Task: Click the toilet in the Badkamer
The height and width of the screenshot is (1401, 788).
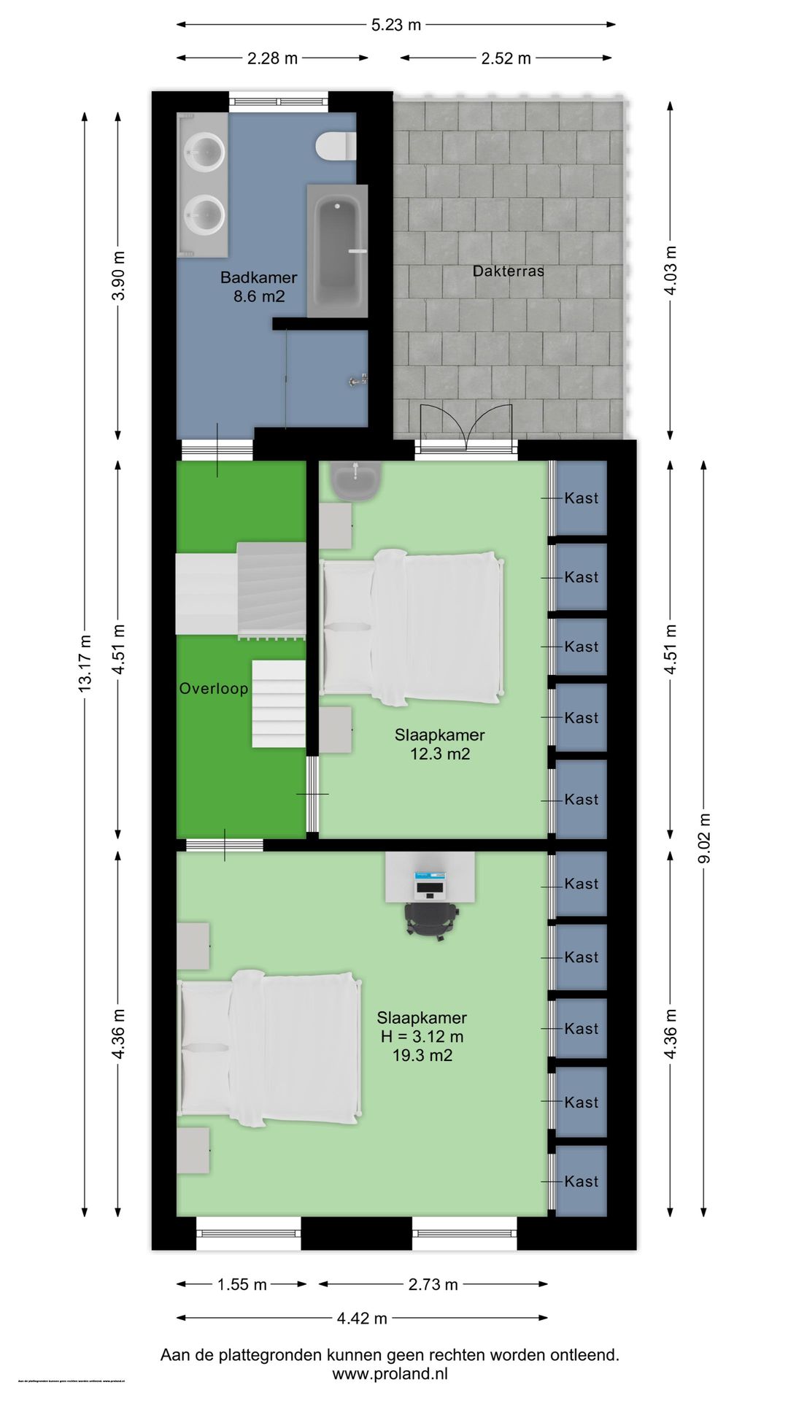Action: tap(336, 146)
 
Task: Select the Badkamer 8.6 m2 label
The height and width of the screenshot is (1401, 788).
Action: tap(258, 287)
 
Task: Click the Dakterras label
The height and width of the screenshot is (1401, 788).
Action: tap(508, 271)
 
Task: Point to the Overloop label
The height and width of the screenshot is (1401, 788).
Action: tap(214, 689)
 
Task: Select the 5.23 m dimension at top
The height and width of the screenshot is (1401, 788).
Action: tap(396, 25)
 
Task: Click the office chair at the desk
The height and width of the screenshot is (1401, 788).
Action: tap(432, 919)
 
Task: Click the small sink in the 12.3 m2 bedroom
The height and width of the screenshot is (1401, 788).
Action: tap(355, 480)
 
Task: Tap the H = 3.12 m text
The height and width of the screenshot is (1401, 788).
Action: tap(422, 1037)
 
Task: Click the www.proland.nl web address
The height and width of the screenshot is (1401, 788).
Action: tap(390, 1374)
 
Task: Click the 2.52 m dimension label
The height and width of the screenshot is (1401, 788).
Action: tap(506, 58)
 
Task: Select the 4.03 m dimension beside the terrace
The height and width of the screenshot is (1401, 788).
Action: tap(671, 270)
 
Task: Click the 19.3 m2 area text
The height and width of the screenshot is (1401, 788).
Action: tap(422, 1056)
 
